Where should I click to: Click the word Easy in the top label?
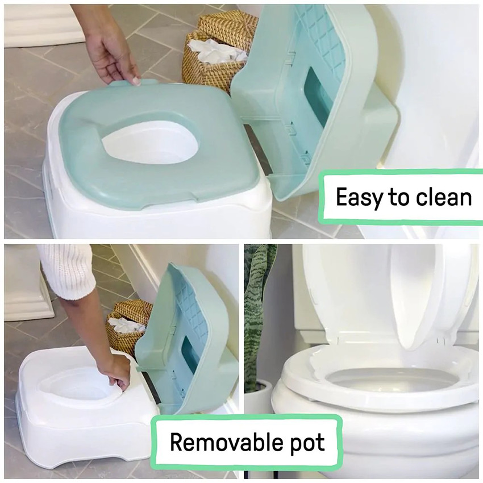pos(355,197)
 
